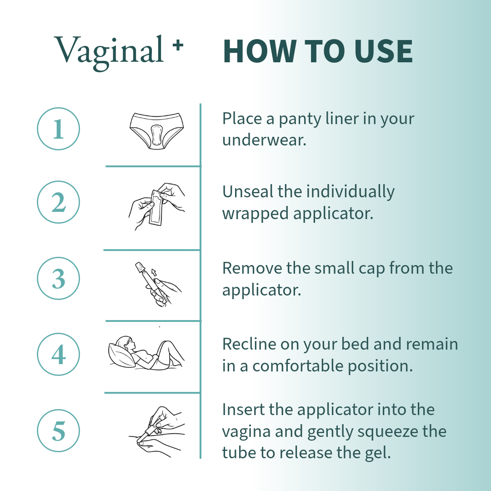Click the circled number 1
point(58,129)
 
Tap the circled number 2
point(58,202)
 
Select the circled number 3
point(58,278)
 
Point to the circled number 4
point(58,354)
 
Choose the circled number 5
point(58,431)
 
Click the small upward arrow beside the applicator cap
point(154,272)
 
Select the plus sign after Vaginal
point(178,45)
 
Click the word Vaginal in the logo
point(109,50)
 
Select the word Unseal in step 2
point(248,192)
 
